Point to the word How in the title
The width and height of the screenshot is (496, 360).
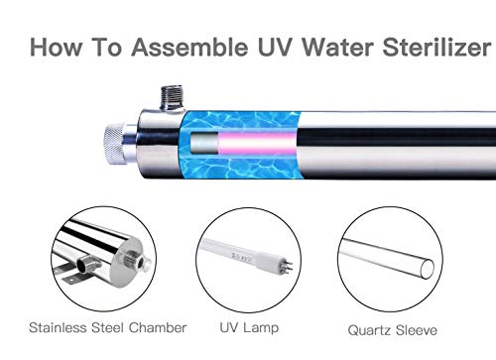(59, 48)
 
